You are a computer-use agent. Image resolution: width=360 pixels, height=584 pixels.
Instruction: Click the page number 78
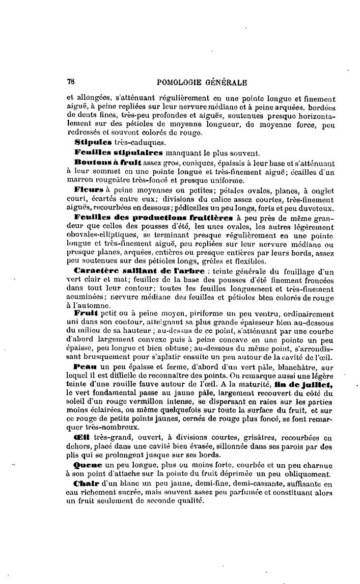pos(71,82)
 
